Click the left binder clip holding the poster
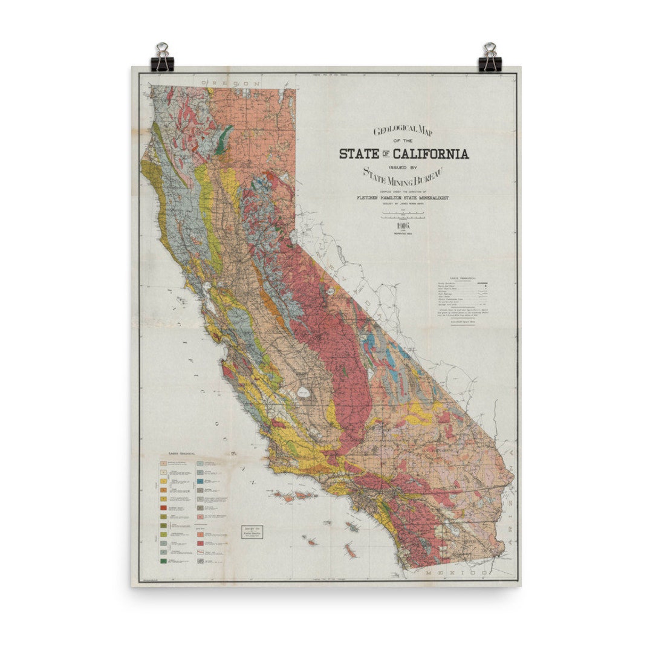point(162,57)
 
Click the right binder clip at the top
point(490,57)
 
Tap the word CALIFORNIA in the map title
point(432,154)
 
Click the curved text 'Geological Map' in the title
point(404,130)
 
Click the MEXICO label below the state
point(455,572)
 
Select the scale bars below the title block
point(403,214)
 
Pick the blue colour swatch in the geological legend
point(199,481)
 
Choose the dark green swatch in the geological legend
point(163,561)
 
